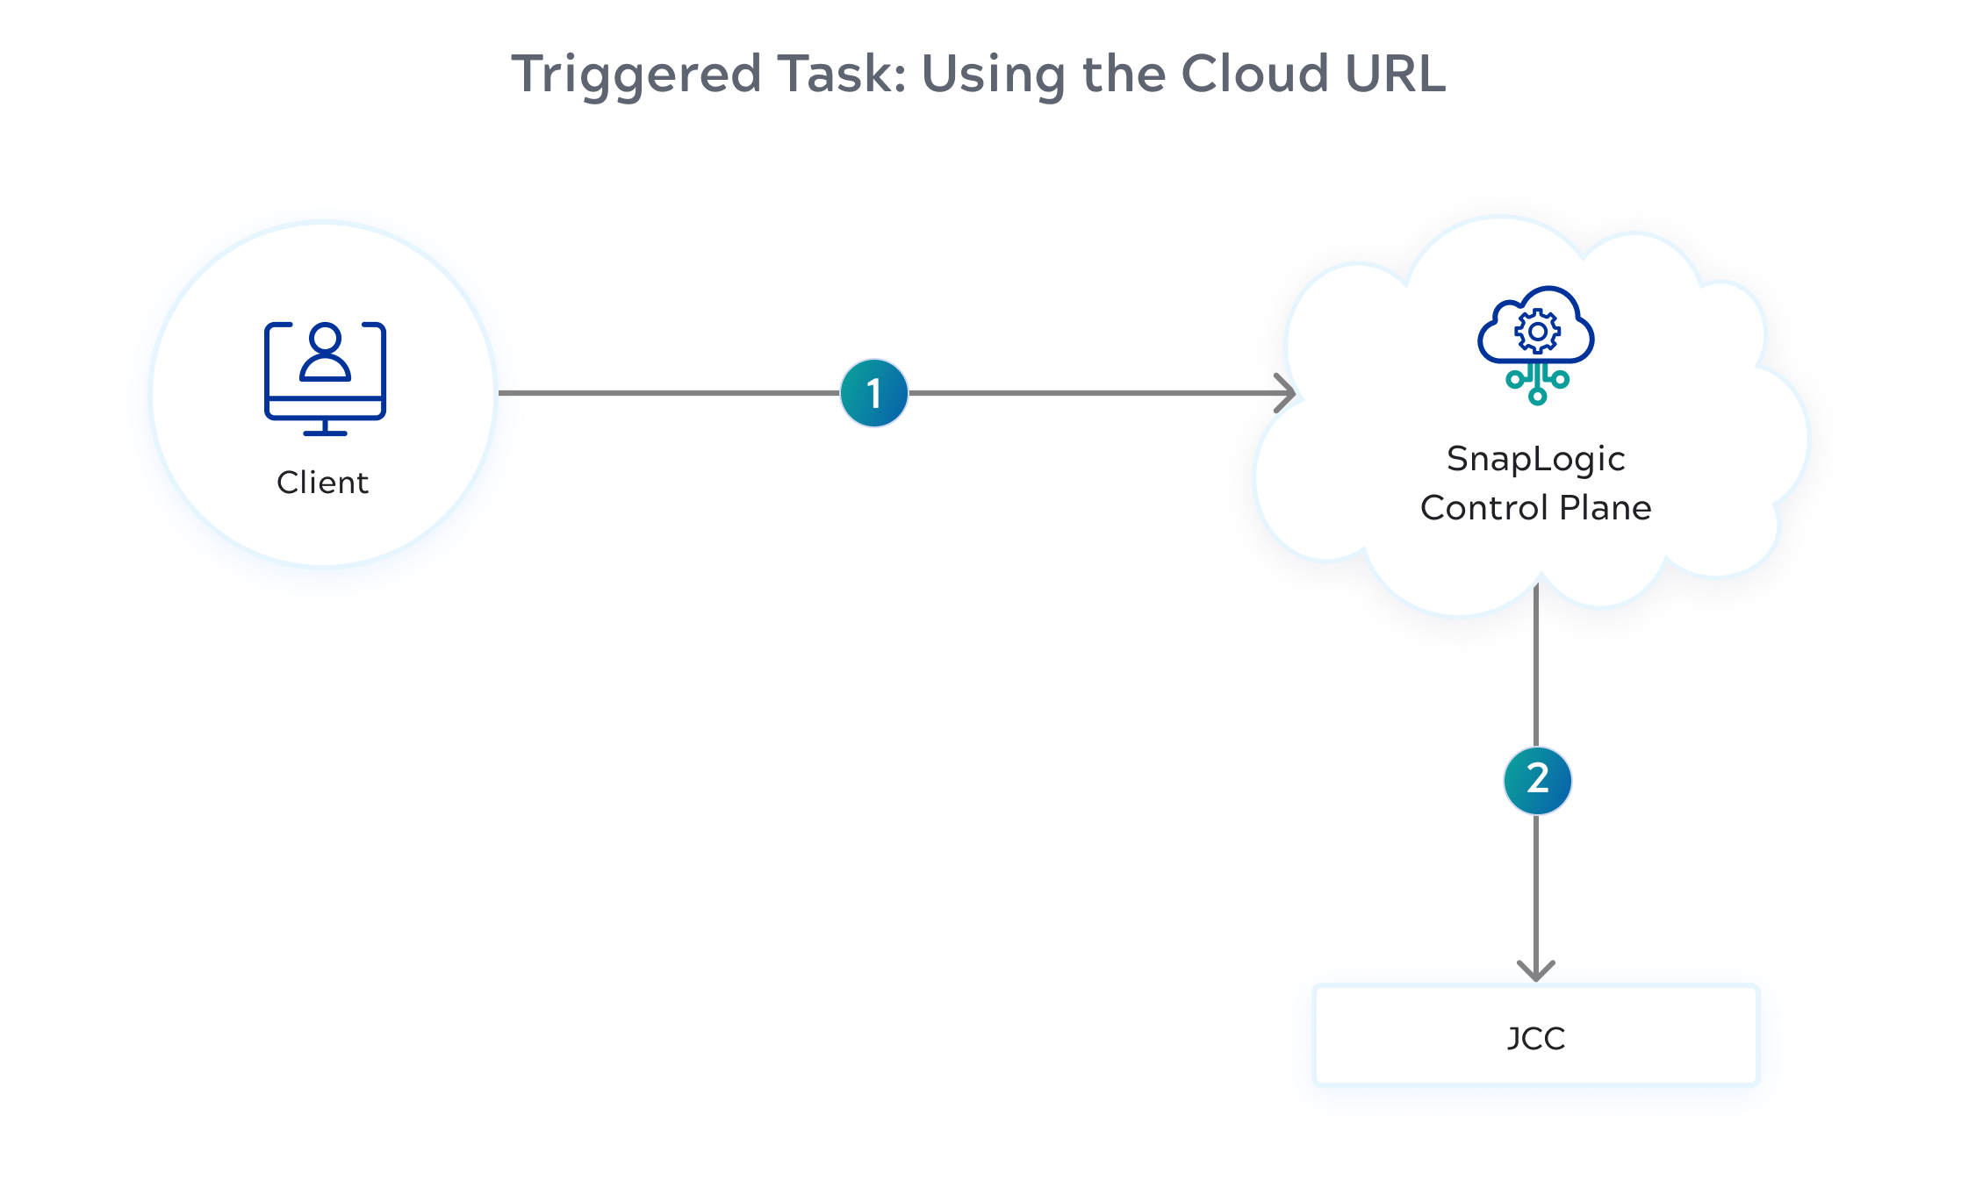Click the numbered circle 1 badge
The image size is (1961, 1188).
pos(873,393)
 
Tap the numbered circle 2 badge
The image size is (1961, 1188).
pos(1537,780)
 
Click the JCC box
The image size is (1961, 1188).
pos(1535,1036)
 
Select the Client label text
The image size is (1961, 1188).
pos(322,483)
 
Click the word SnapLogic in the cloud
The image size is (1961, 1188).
pos(1535,459)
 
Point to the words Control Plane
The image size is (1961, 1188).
pos(1535,508)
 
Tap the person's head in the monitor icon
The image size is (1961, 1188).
pos(325,339)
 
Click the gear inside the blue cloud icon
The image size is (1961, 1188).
pos(1537,332)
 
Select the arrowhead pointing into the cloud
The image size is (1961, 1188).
pos(1287,393)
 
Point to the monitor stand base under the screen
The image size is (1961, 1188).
pos(325,432)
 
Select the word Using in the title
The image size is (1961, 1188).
pos(993,75)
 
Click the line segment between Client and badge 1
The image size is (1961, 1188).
pos(667,393)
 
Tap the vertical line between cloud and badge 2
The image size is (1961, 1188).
pos(1536,667)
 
